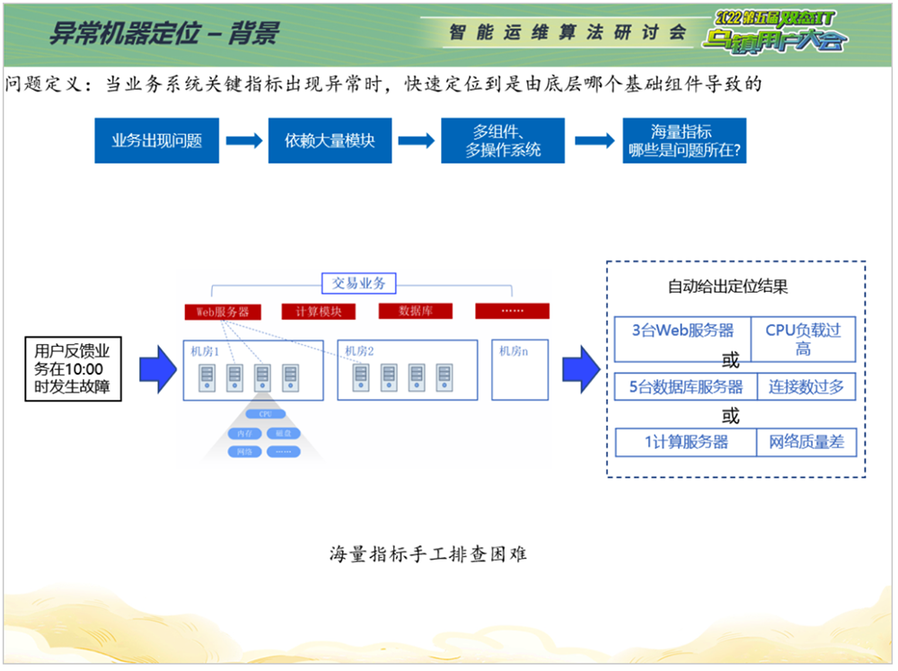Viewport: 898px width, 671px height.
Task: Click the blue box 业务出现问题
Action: pos(156,140)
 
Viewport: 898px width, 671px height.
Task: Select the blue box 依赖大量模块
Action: pos(330,140)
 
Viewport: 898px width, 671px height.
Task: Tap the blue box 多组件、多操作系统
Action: pos(503,140)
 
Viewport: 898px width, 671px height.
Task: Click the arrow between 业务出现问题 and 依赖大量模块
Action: pos(243,141)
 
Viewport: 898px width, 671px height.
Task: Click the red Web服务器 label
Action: pos(223,312)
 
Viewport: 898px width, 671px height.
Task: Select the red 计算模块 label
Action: pos(318,312)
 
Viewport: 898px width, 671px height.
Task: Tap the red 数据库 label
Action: pos(416,311)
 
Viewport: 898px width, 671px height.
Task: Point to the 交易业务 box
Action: pos(358,283)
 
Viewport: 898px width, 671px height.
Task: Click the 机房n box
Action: pos(519,368)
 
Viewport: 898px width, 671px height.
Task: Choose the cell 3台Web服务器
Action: pos(682,331)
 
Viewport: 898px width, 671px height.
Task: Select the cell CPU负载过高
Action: pos(803,339)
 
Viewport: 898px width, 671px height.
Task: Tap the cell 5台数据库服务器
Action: pos(686,387)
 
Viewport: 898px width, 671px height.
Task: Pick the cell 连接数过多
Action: pos(806,387)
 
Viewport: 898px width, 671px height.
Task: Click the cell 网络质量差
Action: pos(806,442)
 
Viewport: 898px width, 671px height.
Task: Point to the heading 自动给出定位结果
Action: pos(727,287)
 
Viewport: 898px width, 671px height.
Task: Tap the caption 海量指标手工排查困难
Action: pos(427,554)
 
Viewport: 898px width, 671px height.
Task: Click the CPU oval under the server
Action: pos(265,414)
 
